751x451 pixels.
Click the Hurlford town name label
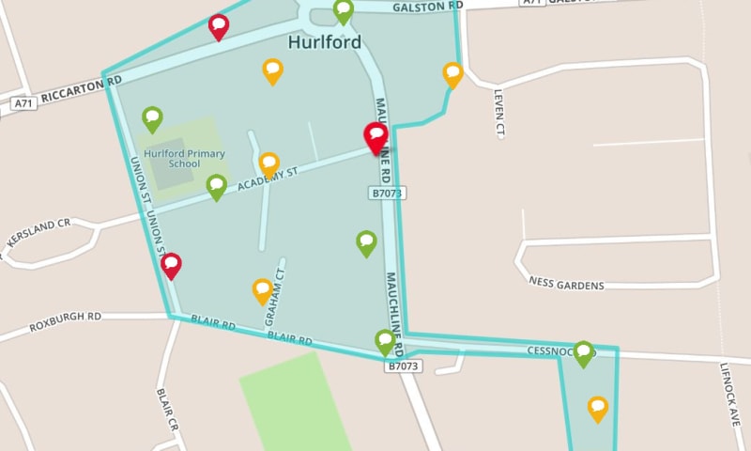pyautogui.click(x=325, y=43)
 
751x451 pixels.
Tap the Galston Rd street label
pyautogui.click(x=427, y=6)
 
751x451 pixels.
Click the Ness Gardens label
pyautogui.click(x=566, y=284)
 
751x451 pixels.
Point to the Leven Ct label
pyautogui.click(x=500, y=114)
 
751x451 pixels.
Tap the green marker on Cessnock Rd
pyautogui.click(x=584, y=353)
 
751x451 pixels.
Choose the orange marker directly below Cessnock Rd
pyautogui.click(x=598, y=409)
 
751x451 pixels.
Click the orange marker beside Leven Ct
pyautogui.click(x=453, y=74)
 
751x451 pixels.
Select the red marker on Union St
pyautogui.click(x=171, y=266)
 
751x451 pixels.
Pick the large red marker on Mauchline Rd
pyautogui.click(x=376, y=138)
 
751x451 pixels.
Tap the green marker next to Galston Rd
pyautogui.click(x=344, y=12)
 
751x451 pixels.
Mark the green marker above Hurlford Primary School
pyautogui.click(x=152, y=118)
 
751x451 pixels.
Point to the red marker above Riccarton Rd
pyautogui.click(x=219, y=26)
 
